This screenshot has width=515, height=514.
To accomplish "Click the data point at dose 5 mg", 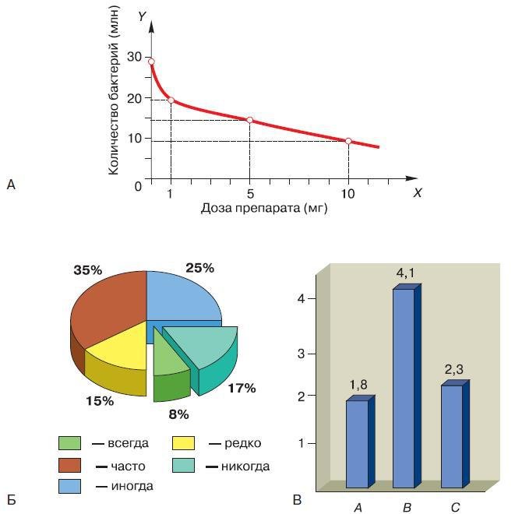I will coord(249,120).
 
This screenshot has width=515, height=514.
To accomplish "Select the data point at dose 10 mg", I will coord(348,141).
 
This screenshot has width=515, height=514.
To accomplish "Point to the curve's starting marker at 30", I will coord(151,62).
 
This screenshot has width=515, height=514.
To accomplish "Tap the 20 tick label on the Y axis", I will coord(134,98).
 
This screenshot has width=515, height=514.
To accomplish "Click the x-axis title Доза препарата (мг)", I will coord(264,208).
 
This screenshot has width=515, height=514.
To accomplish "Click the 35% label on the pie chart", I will coord(88,270).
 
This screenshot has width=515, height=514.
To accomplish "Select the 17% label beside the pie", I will coord(241,388).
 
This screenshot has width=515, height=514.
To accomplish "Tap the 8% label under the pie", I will coord(179,414).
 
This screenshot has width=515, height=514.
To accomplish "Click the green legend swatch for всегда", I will coord(69,443).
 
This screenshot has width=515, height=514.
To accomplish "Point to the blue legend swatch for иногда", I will coord(69,486).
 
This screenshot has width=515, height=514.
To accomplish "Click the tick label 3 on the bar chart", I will coord(311,353).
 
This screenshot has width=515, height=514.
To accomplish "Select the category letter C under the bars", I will coord(455,508).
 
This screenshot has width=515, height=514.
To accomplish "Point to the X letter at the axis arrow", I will coord(418,192).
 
